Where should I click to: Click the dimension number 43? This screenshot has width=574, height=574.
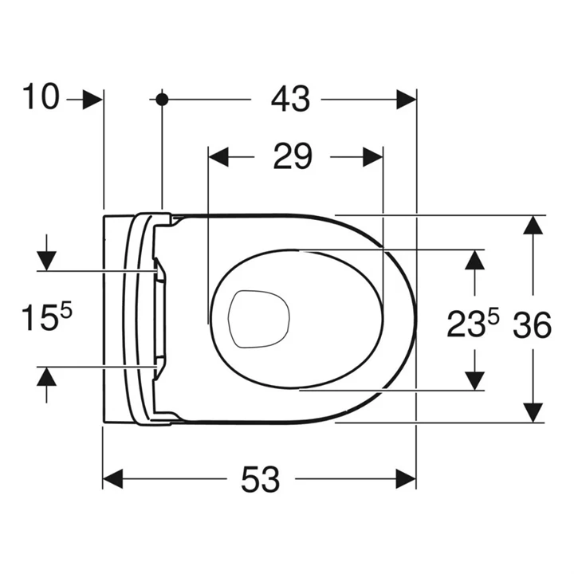(x=289, y=99)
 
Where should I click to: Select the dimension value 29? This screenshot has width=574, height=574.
(x=292, y=156)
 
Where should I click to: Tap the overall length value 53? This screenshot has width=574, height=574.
(x=261, y=479)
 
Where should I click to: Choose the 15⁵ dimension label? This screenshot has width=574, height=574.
(x=46, y=320)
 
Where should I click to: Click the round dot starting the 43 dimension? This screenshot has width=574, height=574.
(x=163, y=99)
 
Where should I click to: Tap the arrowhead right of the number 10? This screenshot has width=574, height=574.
(x=93, y=99)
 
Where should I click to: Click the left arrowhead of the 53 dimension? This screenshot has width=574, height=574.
(x=113, y=479)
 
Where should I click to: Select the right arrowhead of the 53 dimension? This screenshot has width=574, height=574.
(x=407, y=479)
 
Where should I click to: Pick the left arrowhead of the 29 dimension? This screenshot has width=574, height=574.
(x=218, y=157)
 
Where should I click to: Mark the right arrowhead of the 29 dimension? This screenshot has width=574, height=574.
(x=372, y=157)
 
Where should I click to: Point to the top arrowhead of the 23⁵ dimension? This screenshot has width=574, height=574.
(x=475, y=259)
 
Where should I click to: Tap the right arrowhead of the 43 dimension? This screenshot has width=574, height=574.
(x=407, y=99)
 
